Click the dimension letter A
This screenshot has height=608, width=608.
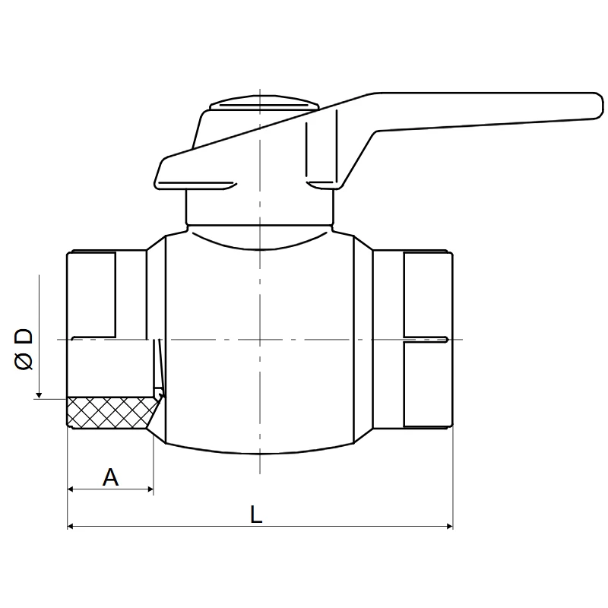point(110,477)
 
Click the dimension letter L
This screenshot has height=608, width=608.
point(256,515)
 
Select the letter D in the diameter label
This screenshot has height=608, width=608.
point(24,337)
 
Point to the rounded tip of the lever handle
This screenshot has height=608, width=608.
point(597,106)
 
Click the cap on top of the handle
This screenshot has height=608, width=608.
point(264,103)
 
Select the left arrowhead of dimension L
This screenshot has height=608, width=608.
point(70,526)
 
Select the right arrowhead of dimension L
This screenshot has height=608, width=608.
point(450,526)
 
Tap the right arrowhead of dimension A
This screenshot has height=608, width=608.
point(150,489)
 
